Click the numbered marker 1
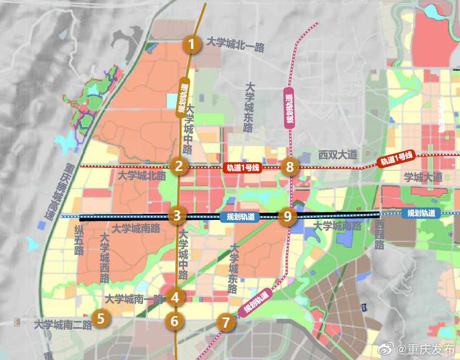coord(191,44)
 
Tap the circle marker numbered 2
coord(178,165)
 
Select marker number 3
coord(177,215)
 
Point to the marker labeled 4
coord(175,297)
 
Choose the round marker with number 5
coord(101,318)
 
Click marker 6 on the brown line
coord(175,320)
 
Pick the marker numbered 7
coord(225,322)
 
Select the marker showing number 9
coord(288,216)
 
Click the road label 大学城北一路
coord(236,45)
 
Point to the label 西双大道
coord(338,155)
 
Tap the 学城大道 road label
coord(423,177)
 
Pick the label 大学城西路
coord(105,258)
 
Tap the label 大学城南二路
coord(63,325)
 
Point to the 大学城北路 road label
coord(142,176)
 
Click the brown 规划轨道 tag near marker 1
coord(182,97)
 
